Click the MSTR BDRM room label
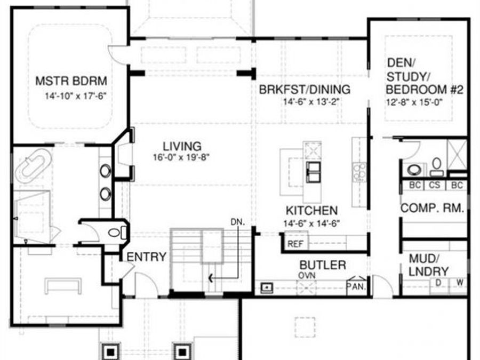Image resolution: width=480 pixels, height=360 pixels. coord(71,82)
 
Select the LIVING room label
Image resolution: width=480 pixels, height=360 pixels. coord(182,146)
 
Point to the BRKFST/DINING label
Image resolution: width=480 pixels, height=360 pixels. coord(305,89)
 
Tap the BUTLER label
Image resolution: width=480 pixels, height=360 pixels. coord(322,265)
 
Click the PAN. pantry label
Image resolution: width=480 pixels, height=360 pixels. coord(356,286)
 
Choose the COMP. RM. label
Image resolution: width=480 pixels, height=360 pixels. coord(432,208)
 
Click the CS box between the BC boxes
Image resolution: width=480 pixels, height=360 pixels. coord(434,186)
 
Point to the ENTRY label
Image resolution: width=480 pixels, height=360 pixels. coord(146,257)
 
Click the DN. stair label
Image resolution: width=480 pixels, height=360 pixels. coord(238,221)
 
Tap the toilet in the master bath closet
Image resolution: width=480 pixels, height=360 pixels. coord(115,233)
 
